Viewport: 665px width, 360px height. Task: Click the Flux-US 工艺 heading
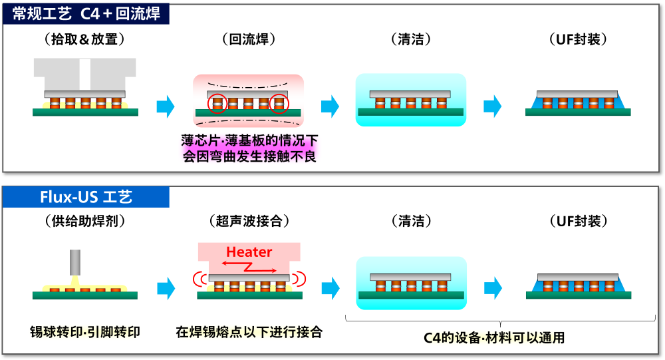[85, 198]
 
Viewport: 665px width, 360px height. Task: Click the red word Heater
[249, 252]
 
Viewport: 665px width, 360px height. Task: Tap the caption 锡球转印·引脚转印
[85, 331]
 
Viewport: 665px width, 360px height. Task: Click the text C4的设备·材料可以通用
[494, 337]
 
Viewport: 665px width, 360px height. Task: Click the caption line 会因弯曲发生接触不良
[249, 157]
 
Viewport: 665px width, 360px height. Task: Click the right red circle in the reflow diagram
[280, 104]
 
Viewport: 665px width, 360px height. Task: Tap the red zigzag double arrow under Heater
[250, 267]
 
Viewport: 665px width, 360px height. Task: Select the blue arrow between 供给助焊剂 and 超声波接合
[166, 287]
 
